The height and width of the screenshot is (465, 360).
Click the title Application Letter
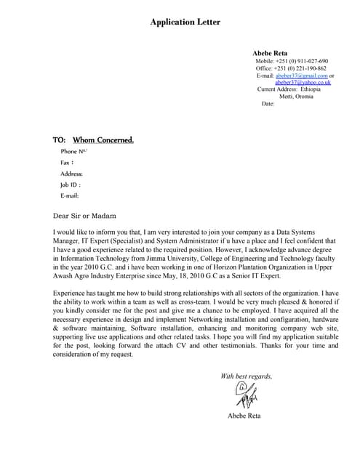pyautogui.click(x=185, y=23)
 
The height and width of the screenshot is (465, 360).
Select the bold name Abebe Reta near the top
pyautogui.click(x=270, y=54)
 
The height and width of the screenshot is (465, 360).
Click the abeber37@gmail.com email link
pyautogui.click(x=301, y=76)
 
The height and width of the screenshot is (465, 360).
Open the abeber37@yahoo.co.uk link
pyautogui.click(x=303, y=82)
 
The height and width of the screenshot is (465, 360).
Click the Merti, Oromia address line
pyautogui.click(x=296, y=97)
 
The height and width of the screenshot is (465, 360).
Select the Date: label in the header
pyautogui.click(x=268, y=104)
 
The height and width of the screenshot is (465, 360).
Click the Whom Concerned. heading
pyautogui.click(x=103, y=139)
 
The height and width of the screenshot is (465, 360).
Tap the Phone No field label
pyautogui.click(x=73, y=151)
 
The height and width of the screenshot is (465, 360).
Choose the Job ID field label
pyautogui.click(x=71, y=185)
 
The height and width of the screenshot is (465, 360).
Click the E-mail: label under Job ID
pyautogui.click(x=70, y=195)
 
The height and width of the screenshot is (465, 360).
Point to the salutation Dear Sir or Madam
pyautogui.click(x=84, y=216)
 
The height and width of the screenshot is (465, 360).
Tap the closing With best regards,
pyautogui.click(x=246, y=376)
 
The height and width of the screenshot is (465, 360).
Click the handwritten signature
pyautogui.click(x=244, y=397)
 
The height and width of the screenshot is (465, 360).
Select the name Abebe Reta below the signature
pyautogui.click(x=244, y=416)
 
